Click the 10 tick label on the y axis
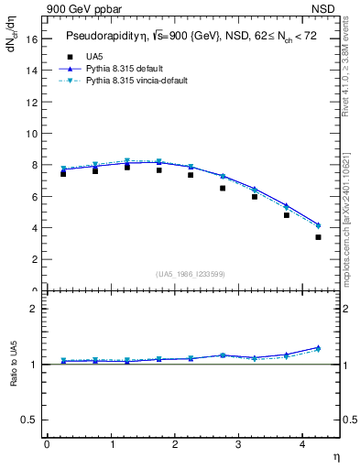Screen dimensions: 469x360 point(31,134)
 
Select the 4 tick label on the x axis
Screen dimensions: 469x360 point(302,443)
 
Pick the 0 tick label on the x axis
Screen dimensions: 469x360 point(47,443)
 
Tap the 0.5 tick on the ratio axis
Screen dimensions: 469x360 point(28,420)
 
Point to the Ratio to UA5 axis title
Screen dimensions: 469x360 point(14,364)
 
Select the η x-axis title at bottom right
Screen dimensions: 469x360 point(335,455)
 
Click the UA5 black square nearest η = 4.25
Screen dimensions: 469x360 point(318,237)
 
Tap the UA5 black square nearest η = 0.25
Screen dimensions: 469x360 point(63,173)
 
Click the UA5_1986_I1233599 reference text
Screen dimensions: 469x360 point(191,275)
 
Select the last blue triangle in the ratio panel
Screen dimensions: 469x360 point(318,347)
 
